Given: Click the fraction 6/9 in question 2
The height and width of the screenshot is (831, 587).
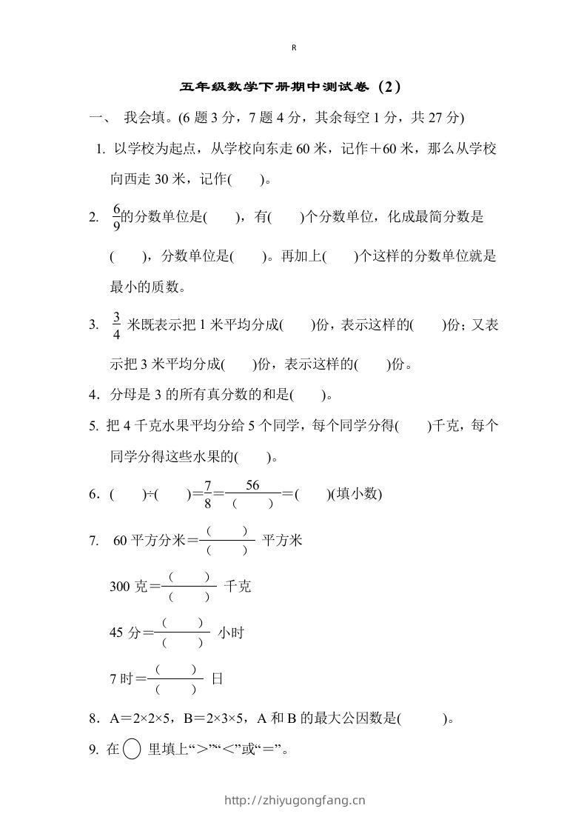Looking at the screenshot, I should tap(116, 217).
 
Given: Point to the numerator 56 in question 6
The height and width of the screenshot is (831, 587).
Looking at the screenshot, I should tap(252, 486).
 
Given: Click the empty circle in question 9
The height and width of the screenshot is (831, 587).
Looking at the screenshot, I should tap(132, 750).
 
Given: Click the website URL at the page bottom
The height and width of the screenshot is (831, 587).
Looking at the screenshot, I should tap(294, 800).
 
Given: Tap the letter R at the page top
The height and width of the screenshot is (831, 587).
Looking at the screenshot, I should tap(294, 47).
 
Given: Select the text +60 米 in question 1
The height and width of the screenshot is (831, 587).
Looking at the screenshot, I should tap(384, 149).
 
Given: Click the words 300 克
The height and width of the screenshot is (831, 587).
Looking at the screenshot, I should tap(129, 587).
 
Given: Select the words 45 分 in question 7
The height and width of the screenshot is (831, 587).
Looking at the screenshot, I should tap(125, 633).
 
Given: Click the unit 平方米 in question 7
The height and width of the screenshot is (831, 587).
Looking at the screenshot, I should tap(281, 541).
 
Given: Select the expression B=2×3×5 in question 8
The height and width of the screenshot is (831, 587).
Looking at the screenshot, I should tap(215, 718).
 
